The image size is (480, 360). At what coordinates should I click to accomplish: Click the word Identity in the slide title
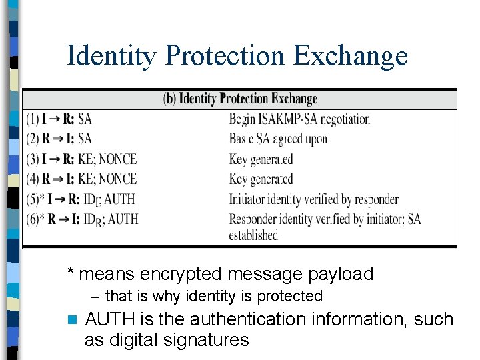[x=111, y=56]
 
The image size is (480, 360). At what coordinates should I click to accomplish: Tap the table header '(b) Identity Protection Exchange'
[x=240, y=99]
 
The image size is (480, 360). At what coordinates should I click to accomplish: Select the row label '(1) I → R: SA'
[x=59, y=119]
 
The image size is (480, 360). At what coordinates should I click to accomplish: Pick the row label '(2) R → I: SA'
[x=59, y=139]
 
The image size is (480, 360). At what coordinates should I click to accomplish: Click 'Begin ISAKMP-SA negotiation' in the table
[x=299, y=119]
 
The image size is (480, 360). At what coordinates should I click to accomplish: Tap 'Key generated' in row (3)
[x=261, y=159]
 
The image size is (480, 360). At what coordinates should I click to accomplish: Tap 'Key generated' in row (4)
[x=261, y=179]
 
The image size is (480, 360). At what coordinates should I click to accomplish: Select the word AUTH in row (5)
[x=119, y=199]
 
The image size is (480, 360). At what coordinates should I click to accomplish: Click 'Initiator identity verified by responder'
[x=313, y=199]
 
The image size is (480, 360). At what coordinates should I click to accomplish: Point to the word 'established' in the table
[x=253, y=235]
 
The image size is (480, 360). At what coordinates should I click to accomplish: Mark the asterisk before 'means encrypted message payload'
[x=71, y=272]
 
